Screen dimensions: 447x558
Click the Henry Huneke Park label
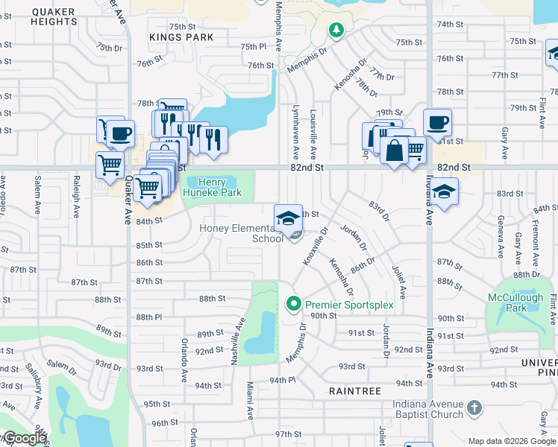216,186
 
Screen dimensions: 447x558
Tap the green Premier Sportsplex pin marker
294,303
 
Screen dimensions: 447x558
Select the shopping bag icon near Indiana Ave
395,150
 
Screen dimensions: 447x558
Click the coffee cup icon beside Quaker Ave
120,133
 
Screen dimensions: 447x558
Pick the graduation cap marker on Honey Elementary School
289,218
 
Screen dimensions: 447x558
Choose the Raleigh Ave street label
76,196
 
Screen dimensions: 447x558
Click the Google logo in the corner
24,439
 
